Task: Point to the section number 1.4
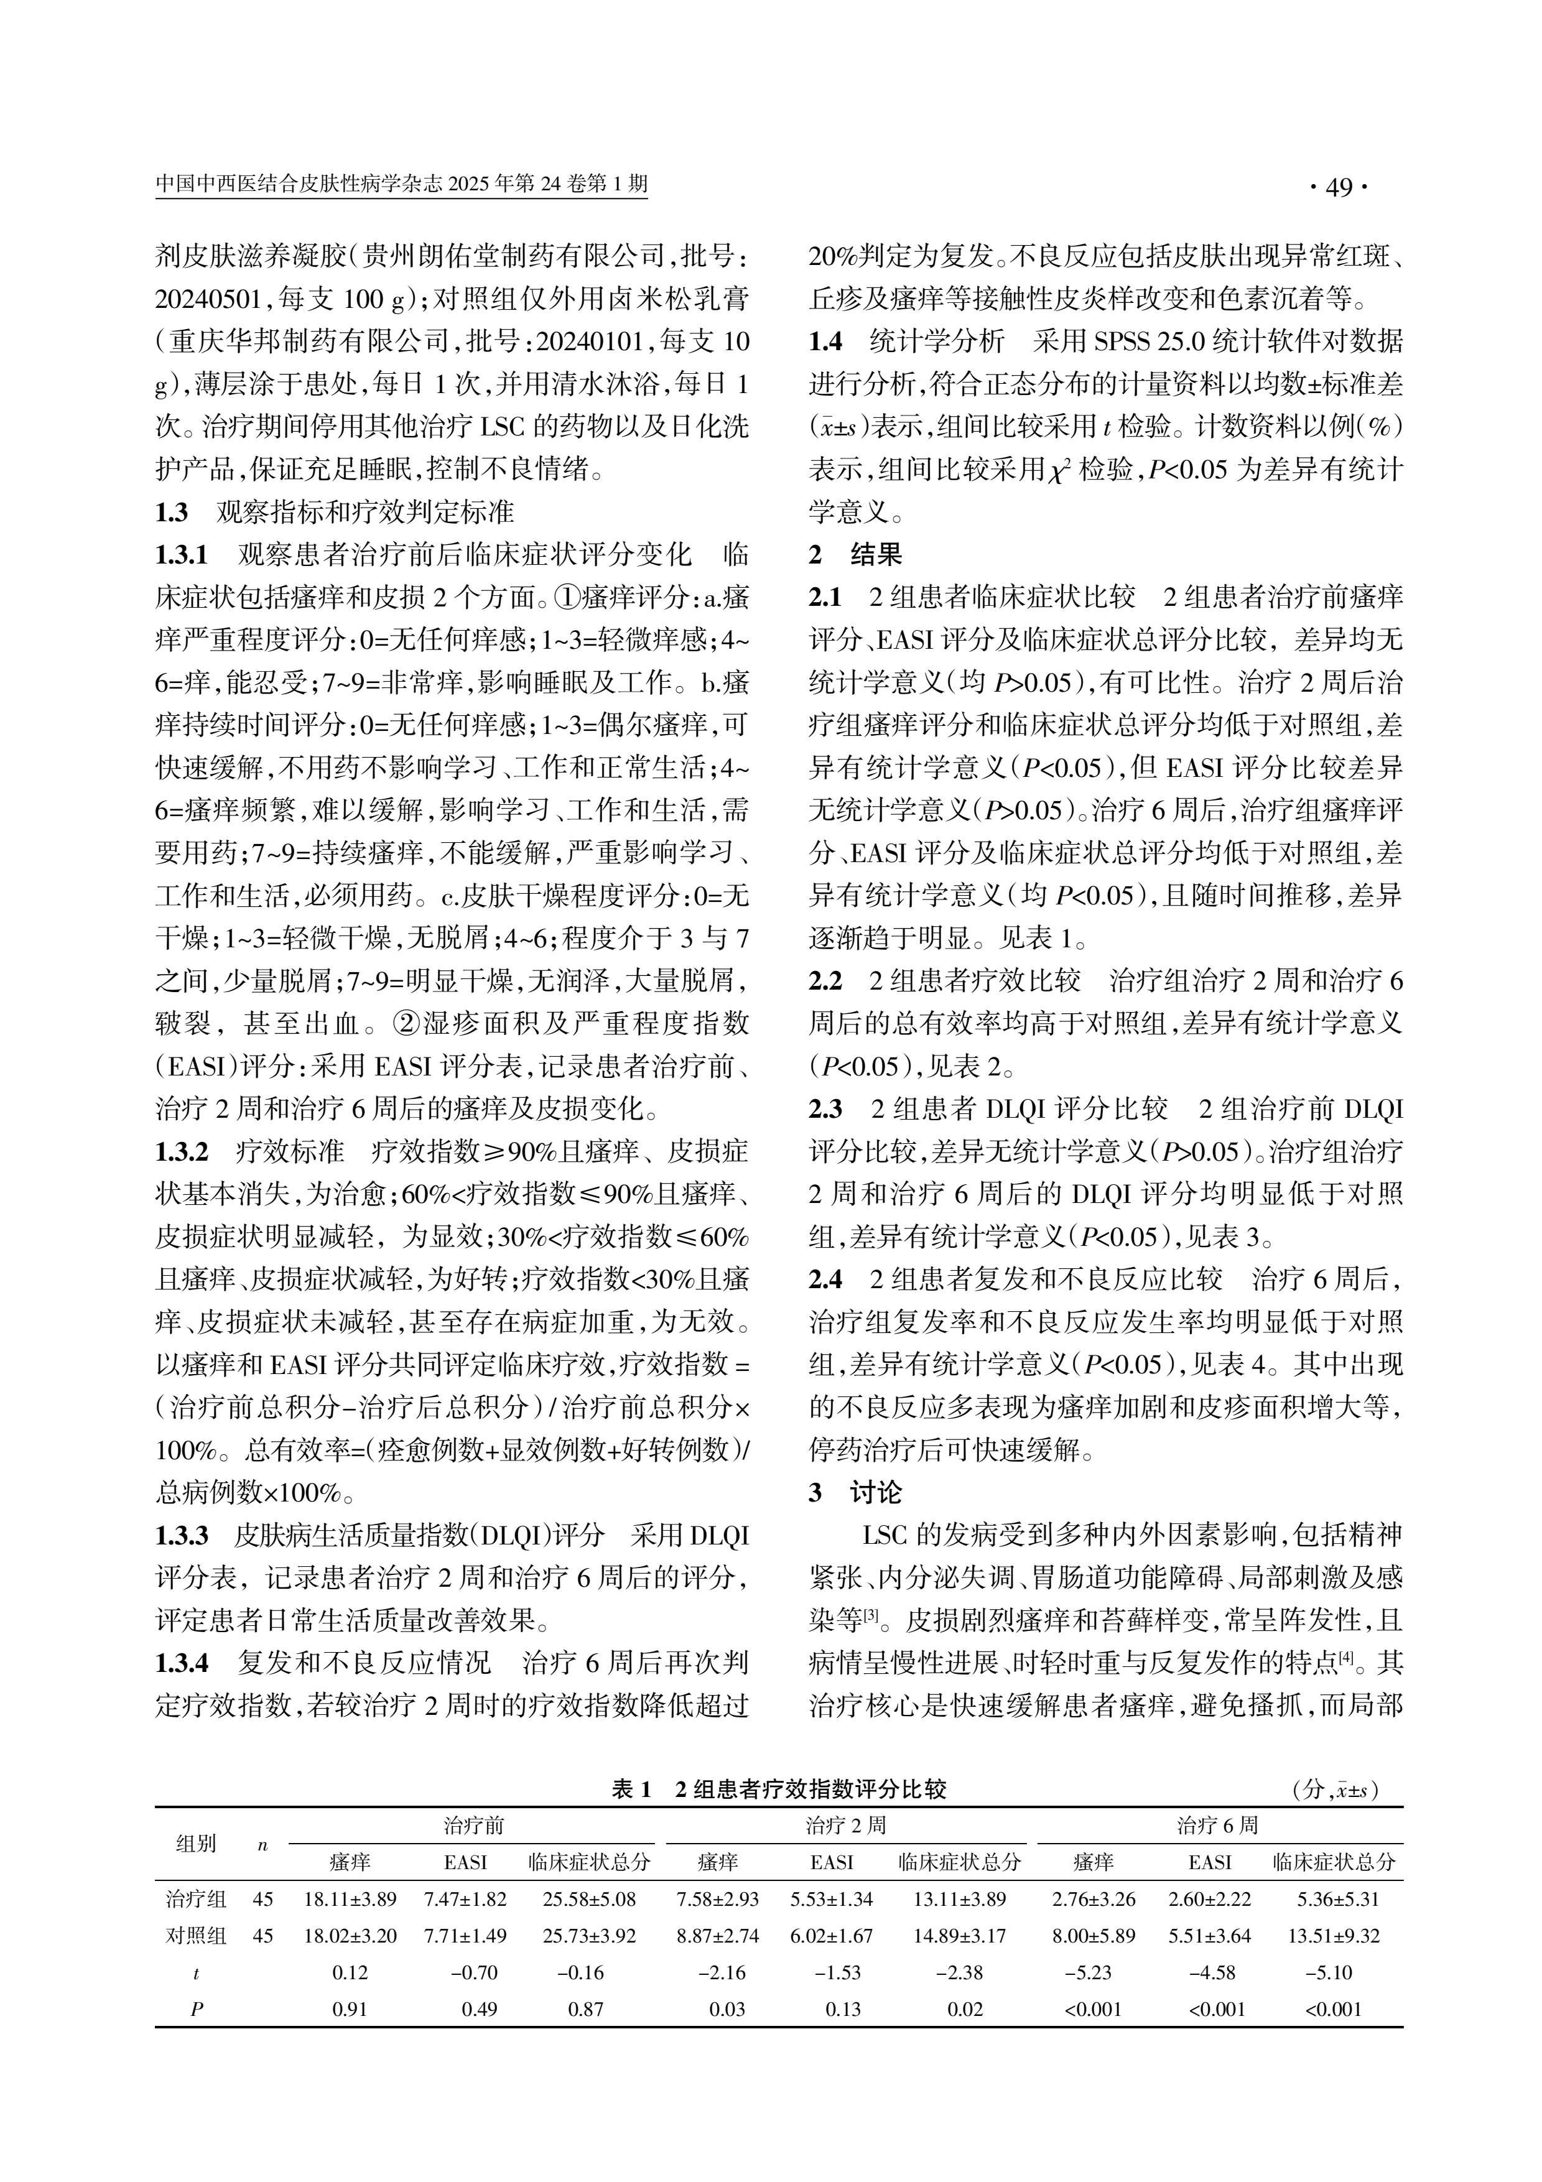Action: point(825,342)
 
